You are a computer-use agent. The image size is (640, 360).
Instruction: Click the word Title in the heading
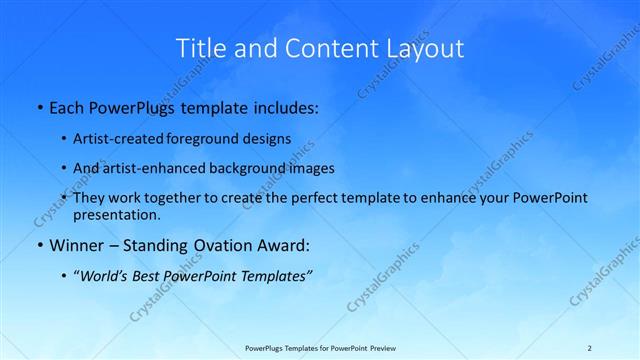coord(200,48)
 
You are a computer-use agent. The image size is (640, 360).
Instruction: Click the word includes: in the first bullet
coord(281,106)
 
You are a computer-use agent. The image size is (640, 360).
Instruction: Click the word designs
coord(266,139)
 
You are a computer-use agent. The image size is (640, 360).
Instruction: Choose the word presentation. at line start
coord(116,215)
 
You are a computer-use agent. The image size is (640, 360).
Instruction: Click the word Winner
coord(74,244)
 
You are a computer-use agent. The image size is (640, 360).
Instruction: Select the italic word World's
coord(106,275)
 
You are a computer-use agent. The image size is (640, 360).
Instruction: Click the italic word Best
coord(149,275)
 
